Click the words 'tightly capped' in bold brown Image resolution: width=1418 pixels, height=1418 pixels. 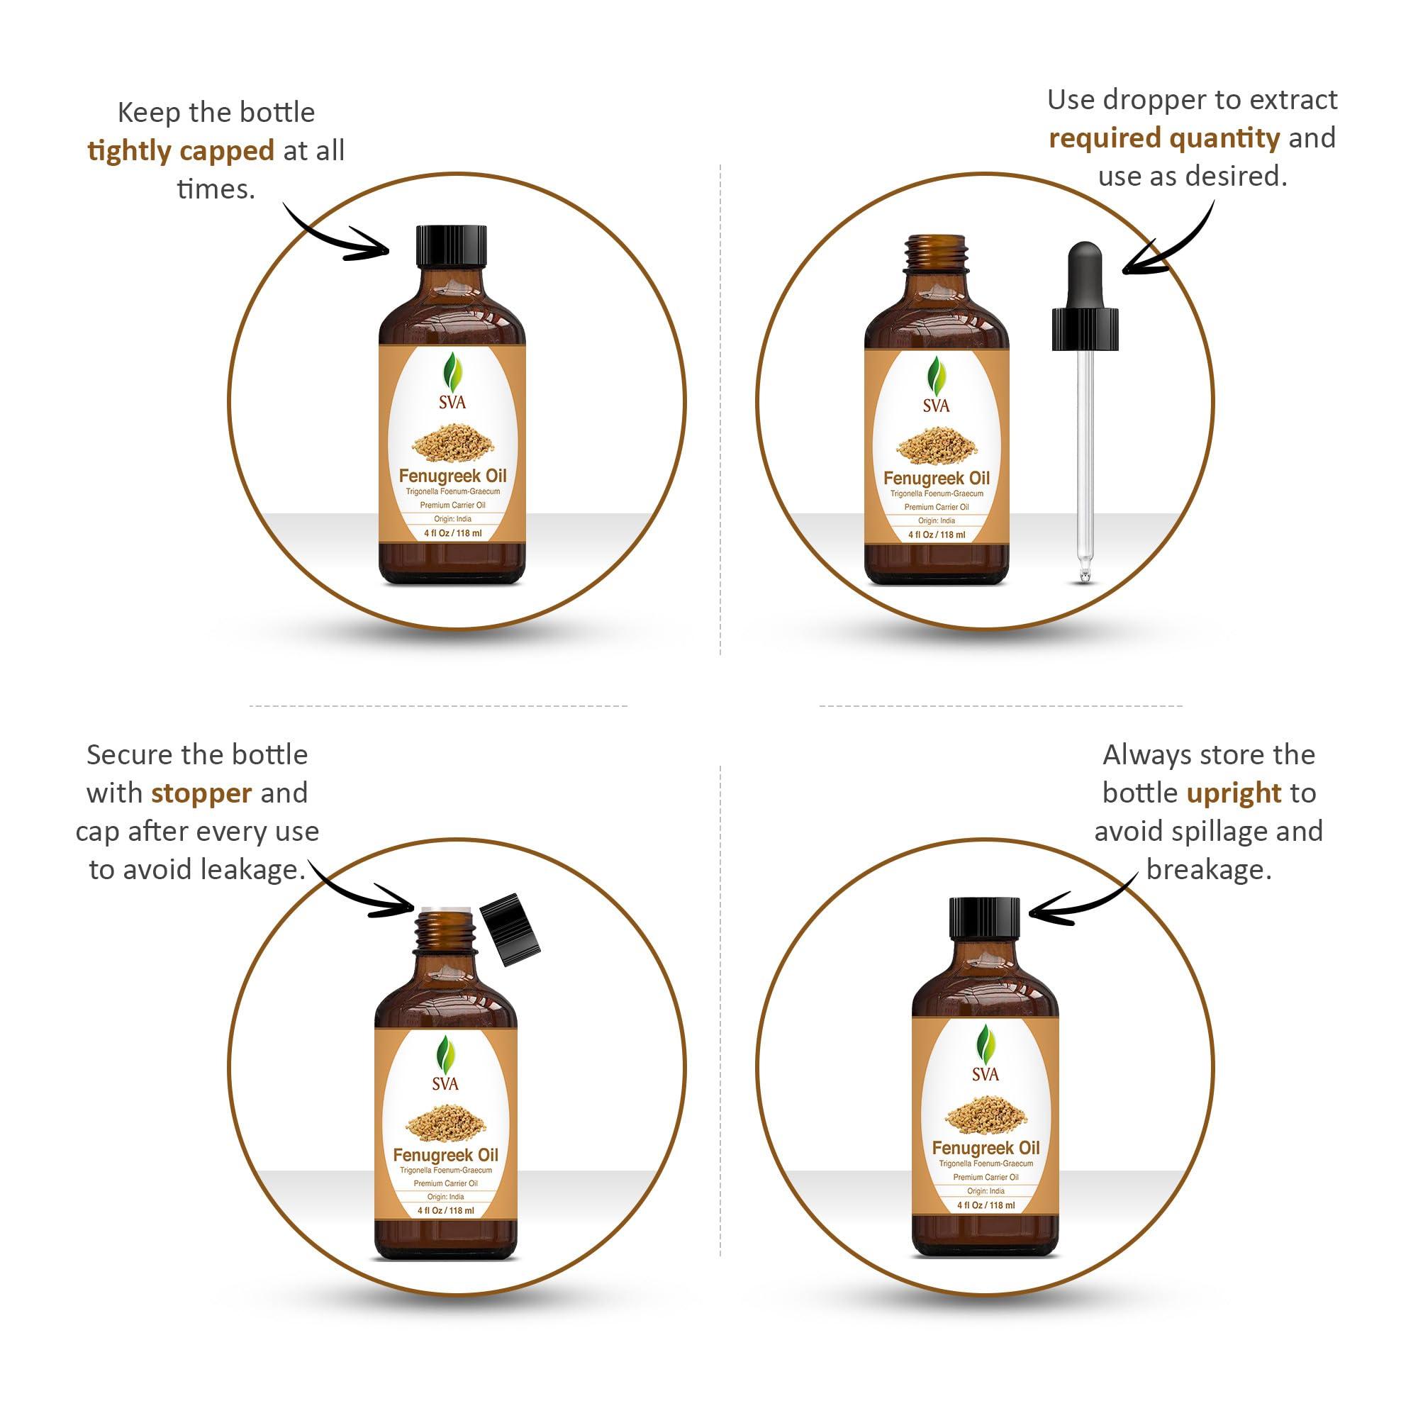[181, 151]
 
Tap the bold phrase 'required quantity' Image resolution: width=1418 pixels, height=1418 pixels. [1163, 138]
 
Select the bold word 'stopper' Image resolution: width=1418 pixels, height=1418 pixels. [201, 793]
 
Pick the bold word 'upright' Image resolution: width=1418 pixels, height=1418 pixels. [1234, 793]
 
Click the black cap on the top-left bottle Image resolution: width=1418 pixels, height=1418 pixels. [452, 245]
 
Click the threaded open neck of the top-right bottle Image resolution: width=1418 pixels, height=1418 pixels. [937, 253]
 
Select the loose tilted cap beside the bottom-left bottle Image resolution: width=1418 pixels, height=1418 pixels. [510, 930]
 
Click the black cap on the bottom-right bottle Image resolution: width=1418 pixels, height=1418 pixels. [984, 918]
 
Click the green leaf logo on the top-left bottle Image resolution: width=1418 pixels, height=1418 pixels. [453, 374]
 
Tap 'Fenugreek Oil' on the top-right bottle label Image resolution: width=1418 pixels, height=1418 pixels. [937, 479]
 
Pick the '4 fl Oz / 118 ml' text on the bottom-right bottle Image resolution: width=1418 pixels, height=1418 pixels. [986, 1205]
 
